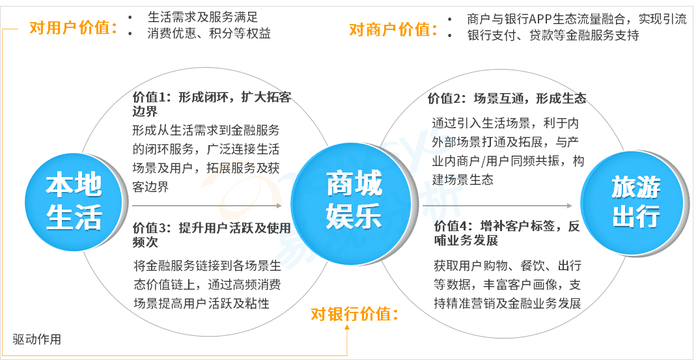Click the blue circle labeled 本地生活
[x=74, y=203]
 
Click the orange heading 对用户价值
[x=74, y=29]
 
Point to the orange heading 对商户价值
[x=393, y=30]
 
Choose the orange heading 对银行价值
[x=354, y=314]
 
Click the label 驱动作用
[x=37, y=340]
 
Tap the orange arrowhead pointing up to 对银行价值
[x=347, y=328]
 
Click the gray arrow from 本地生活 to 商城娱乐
[x=207, y=206]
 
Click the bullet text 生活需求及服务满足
[x=202, y=17]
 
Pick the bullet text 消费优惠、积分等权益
[x=209, y=33]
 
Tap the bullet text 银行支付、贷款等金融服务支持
[x=553, y=36]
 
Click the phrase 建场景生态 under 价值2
[x=463, y=180]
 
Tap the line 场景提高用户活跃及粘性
[x=202, y=303]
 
